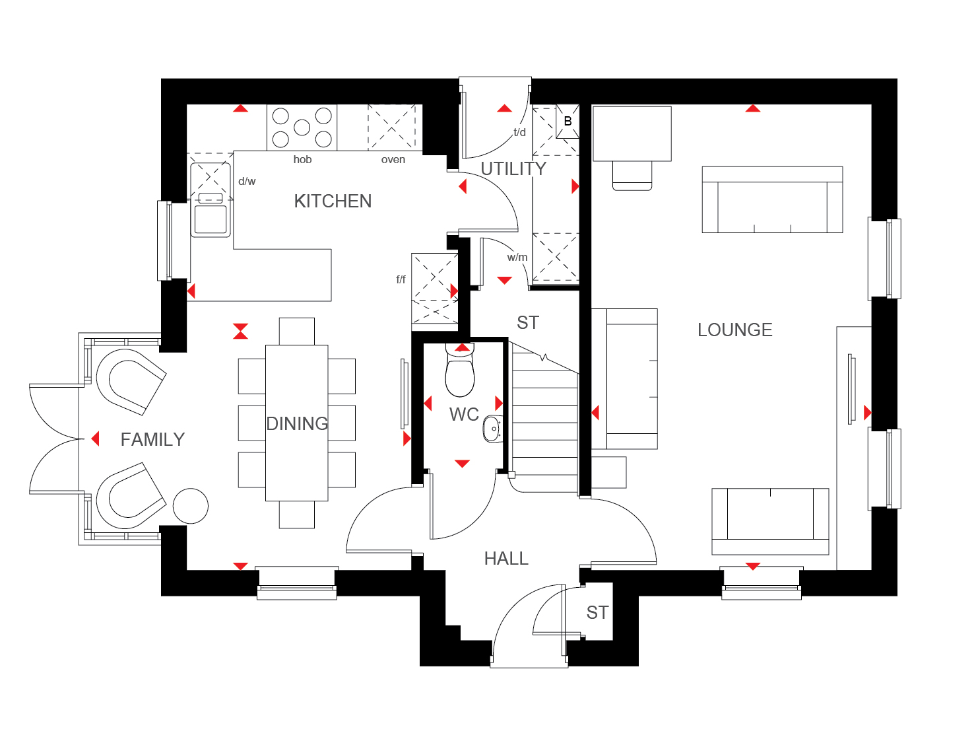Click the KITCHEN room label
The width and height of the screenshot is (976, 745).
tap(333, 201)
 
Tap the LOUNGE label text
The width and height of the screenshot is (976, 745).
tap(734, 330)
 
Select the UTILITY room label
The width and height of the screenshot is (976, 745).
tap(513, 169)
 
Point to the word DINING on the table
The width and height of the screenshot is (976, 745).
tap(297, 423)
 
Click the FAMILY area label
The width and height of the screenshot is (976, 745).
tap(152, 440)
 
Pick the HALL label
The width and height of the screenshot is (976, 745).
tap(506, 559)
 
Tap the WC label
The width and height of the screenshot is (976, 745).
tap(464, 415)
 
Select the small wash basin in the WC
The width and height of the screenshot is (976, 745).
tap(493, 429)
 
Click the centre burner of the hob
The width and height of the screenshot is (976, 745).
tap(302, 127)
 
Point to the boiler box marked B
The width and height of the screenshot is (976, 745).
tap(568, 121)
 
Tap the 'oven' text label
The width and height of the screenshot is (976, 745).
tap(393, 159)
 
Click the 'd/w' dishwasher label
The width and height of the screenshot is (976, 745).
tap(247, 181)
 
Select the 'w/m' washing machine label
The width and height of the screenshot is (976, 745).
tap(517, 257)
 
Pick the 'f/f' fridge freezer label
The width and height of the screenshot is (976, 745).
tap(401, 279)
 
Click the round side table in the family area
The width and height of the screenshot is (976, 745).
tap(190, 506)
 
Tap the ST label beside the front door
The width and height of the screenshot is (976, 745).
tap(597, 613)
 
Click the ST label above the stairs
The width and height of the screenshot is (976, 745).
tap(528, 323)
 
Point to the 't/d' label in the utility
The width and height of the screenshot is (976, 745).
tap(519, 132)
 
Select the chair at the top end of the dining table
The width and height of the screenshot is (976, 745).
tap(296, 332)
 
